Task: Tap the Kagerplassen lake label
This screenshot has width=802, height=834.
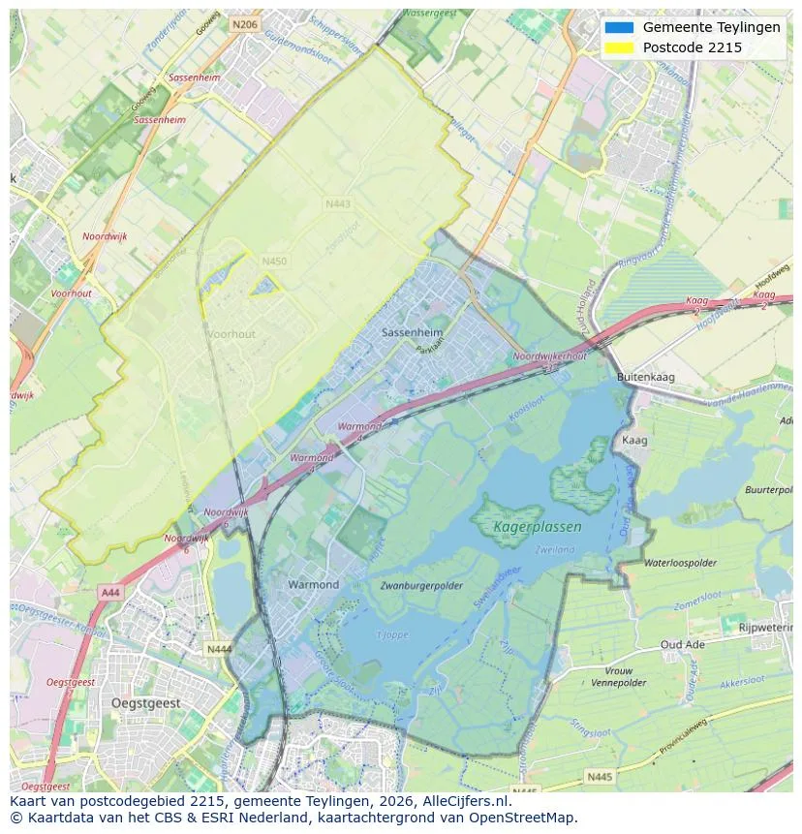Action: coord(538,528)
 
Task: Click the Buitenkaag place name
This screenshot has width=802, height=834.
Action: coord(646,377)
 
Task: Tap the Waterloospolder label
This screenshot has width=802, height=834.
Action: coord(680,562)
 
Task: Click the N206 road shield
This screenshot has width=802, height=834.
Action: coord(245,25)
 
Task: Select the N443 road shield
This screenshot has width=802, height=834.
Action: coord(337,204)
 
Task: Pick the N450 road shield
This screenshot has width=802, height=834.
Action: coord(274,262)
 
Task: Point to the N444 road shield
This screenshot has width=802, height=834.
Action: coord(219,649)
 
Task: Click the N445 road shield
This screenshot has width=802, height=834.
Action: coord(601,776)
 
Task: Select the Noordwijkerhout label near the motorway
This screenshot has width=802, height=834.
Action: coord(549,356)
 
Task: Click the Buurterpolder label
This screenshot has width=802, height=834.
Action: coord(770,490)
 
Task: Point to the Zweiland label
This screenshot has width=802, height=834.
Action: coord(554,549)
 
